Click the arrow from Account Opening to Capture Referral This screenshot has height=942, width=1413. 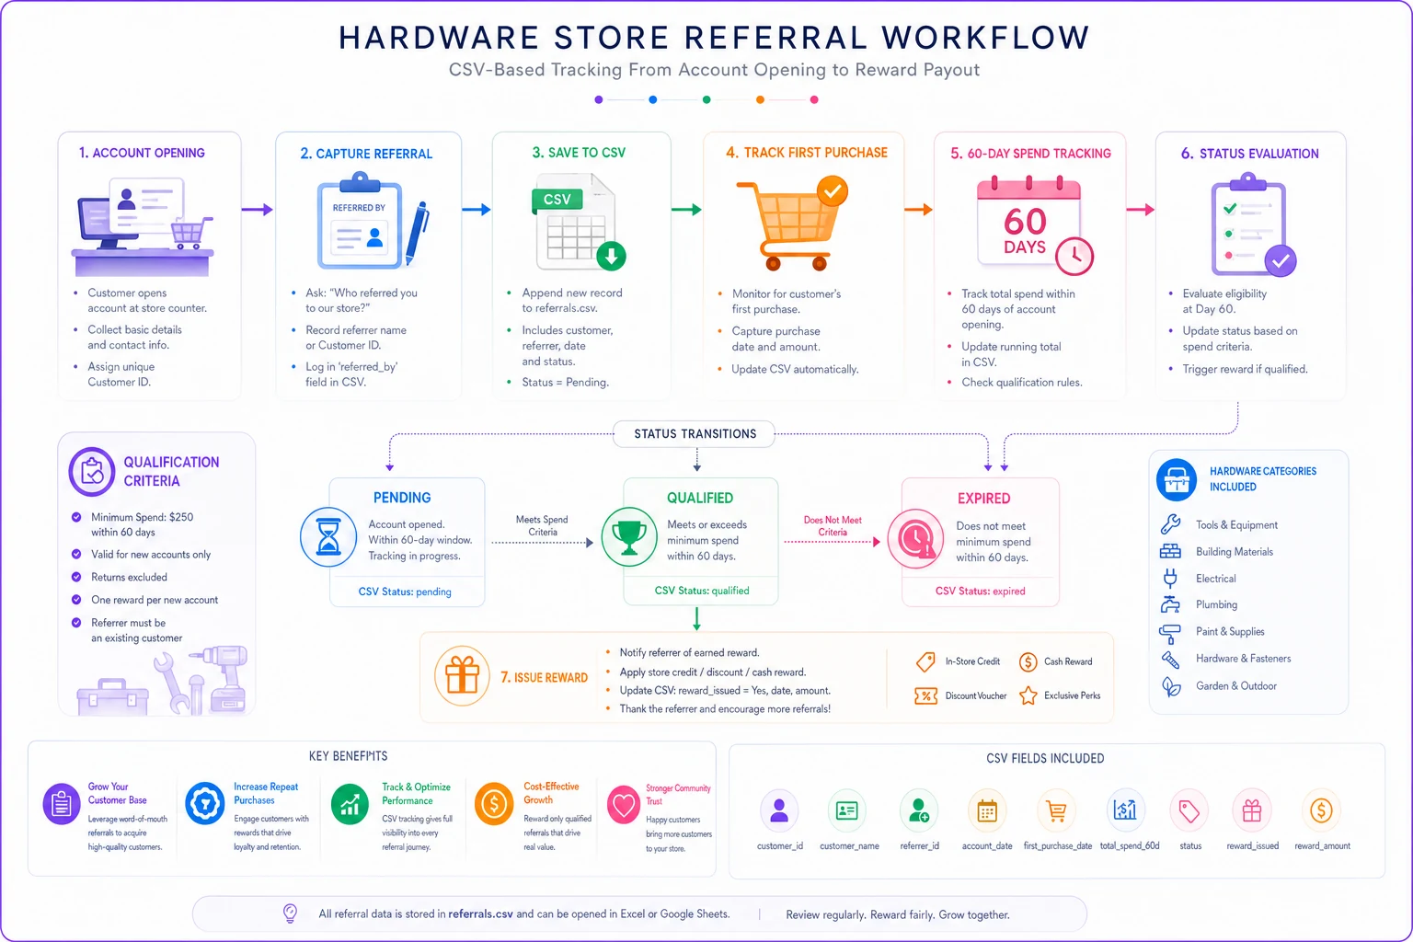pyautogui.click(x=258, y=210)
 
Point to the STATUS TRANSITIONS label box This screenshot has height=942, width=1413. pyautogui.click(x=695, y=434)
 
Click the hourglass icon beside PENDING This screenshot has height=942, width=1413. pyautogui.click(x=328, y=537)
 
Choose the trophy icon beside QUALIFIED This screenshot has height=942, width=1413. pyautogui.click(x=629, y=537)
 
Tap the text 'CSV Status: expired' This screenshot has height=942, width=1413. pyautogui.click(x=981, y=592)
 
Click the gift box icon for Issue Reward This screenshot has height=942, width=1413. pyautogui.click(x=462, y=676)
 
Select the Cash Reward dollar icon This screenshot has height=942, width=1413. pyautogui.click(x=1028, y=661)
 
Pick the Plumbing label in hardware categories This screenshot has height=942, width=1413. pyautogui.click(x=1216, y=604)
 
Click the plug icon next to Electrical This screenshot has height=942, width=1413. pyautogui.click(x=1170, y=578)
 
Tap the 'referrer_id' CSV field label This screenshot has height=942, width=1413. pyautogui.click(x=920, y=846)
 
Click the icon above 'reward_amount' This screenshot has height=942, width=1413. pyautogui.click(x=1321, y=810)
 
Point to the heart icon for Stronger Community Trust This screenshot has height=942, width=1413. pyautogui.click(x=623, y=804)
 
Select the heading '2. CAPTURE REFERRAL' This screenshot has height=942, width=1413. pyautogui.click(x=366, y=154)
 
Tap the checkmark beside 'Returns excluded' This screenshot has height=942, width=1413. pyautogui.click(x=76, y=577)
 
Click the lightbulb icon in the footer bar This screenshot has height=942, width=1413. pyautogui.click(x=290, y=913)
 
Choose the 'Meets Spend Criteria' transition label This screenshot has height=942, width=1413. pyautogui.click(x=542, y=525)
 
